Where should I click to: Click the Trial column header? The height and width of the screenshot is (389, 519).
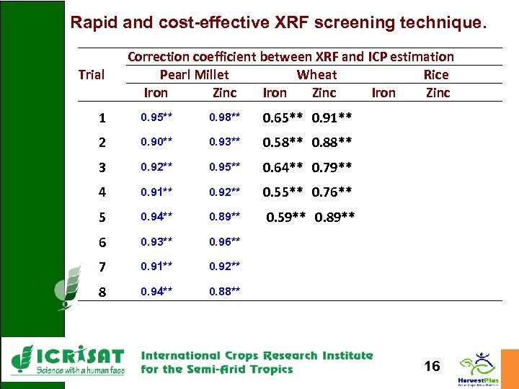click(91, 75)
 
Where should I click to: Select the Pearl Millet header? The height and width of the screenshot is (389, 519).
click(194, 75)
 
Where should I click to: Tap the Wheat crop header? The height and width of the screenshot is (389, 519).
click(316, 75)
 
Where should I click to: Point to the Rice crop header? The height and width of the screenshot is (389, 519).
click(436, 75)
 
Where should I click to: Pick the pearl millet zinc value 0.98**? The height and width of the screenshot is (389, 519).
click(225, 117)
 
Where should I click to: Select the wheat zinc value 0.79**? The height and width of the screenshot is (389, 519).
click(332, 168)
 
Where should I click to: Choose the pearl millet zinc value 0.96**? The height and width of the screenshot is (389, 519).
click(225, 242)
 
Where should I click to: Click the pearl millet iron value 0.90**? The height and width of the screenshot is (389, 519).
click(156, 143)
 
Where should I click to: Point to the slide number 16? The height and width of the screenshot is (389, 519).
click(432, 367)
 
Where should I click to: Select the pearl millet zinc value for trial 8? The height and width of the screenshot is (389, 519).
click(225, 292)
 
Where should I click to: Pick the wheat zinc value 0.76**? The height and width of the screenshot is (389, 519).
click(332, 192)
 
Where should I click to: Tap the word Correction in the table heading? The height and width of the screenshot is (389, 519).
click(157, 56)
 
